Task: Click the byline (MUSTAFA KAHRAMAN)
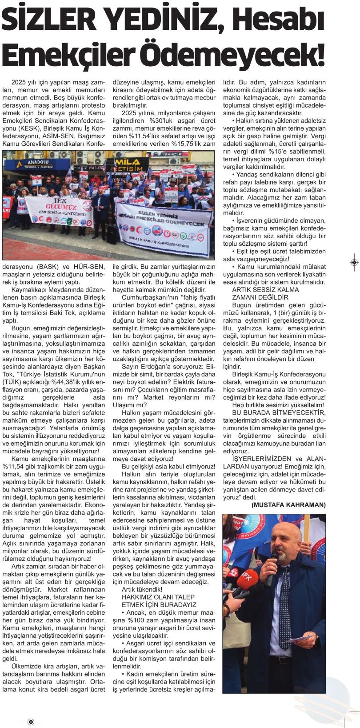[x=288, y=505]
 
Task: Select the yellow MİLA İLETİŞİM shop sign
[x=132, y=164]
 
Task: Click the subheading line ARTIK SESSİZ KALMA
[x=260, y=289]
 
